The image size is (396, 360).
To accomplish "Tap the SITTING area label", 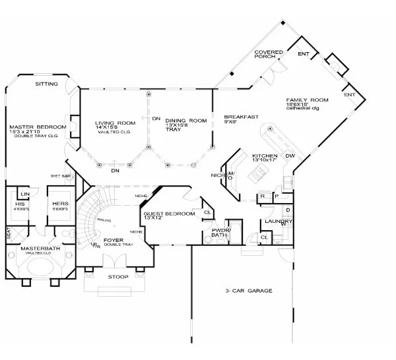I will click(x=46, y=84).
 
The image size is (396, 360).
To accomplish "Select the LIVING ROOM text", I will click(x=115, y=123).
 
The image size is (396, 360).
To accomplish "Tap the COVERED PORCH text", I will click(x=269, y=55).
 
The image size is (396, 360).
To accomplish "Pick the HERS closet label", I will click(x=57, y=204).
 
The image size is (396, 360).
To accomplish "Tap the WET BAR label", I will click(x=61, y=176).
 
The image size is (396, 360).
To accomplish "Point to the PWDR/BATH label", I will click(x=220, y=233).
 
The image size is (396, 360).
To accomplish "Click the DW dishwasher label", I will click(x=290, y=156).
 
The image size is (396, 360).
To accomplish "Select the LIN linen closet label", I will click(x=26, y=194).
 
